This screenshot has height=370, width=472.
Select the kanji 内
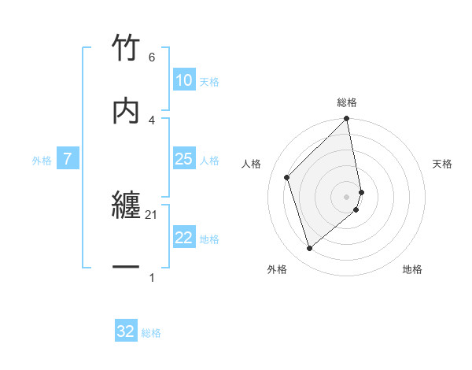(127, 110)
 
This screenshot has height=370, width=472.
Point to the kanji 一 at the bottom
(127, 268)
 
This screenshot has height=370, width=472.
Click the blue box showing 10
(183, 80)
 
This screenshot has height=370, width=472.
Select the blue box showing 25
(183, 160)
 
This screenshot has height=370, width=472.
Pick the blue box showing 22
(183, 239)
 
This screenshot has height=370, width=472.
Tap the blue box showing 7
(68, 160)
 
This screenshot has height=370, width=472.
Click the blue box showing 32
(126, 331)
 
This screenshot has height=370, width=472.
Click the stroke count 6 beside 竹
(152, 57)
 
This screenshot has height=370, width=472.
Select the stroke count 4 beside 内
(152, 120)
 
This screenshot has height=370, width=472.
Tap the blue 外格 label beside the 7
(42, 161)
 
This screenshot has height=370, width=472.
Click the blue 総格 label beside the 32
(151, 333)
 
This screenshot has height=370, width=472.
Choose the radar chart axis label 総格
(347, 102)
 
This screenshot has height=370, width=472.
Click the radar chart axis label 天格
(443, 164)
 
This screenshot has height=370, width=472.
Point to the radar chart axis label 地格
(412, 269)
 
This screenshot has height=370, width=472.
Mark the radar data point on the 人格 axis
(287, 177)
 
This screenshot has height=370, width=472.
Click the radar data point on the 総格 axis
(347, 120)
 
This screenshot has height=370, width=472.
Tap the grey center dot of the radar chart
(347, 196)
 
